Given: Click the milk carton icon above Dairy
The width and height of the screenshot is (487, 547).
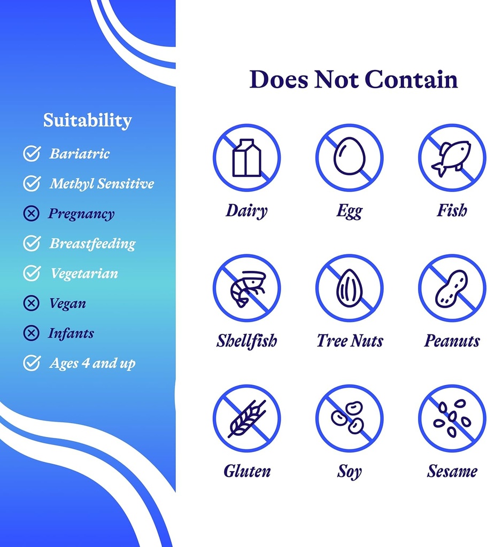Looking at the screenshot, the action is [246, 158].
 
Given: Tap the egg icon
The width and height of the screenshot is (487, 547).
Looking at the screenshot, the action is [349, 155].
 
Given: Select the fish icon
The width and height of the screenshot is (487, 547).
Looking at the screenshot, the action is [451, 158].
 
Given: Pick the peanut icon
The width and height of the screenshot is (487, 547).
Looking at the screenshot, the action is [451, 288].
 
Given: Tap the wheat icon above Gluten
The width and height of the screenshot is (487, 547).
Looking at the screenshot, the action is [247, 419].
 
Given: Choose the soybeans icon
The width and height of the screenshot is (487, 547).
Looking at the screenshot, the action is [347, 417].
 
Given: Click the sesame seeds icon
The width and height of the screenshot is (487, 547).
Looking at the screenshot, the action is [452, 418].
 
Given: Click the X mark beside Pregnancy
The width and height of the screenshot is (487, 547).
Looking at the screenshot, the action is [32, 213].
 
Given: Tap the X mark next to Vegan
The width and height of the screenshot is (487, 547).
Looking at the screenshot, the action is [32, 303].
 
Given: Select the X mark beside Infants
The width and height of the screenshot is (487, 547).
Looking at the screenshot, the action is [32, 333].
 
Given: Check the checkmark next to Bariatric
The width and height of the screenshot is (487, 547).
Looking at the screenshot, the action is [32, 153].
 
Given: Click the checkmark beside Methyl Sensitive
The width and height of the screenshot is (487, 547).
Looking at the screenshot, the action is [32, 184].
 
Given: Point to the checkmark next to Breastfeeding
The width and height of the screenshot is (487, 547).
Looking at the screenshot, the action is [32, 243].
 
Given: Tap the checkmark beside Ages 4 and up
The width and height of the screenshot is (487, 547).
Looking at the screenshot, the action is [32, 363].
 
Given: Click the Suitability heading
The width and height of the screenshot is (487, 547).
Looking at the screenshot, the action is [88, 121].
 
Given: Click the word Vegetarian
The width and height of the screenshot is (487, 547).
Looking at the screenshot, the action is [84, 273].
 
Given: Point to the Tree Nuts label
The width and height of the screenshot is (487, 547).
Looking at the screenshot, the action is [350, 341].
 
